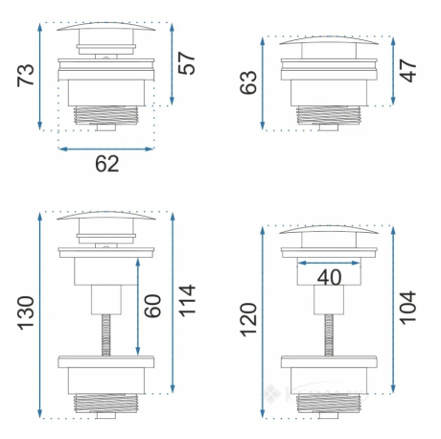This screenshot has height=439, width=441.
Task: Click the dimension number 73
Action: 26,75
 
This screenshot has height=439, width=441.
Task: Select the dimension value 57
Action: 186,63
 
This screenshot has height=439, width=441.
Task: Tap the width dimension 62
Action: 107,164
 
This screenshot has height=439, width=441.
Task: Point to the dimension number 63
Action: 248,82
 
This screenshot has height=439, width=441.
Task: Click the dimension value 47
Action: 408,71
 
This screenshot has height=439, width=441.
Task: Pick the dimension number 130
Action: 26,313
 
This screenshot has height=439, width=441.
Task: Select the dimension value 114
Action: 186,301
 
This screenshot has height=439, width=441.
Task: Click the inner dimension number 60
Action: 152,306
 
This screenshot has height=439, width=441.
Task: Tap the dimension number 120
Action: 248,320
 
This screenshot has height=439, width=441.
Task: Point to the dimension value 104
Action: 408,308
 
